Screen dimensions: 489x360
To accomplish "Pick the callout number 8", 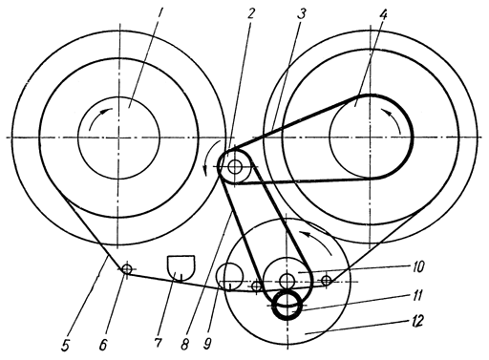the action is coord(185,344).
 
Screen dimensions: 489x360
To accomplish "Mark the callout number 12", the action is coord(417,321).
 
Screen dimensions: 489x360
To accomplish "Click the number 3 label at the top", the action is coord(301,13).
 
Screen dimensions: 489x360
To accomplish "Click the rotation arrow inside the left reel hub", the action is coord(99,117).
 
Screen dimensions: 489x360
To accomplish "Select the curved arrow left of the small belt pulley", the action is coord(211,157).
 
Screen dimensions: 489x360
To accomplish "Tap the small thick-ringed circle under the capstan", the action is coord(287,305).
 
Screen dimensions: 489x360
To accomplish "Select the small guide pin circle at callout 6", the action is coord(127,269).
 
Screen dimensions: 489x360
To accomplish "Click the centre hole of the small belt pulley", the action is coord(235,166).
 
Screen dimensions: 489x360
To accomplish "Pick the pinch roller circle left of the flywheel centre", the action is coord(229,277).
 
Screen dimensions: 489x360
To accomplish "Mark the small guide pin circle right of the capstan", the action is coord(326,281).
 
